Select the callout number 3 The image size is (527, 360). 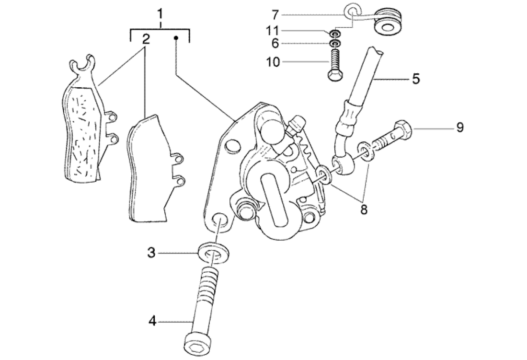(151, 253)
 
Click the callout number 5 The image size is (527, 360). (415, 78)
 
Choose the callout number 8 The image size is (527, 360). (364, 209)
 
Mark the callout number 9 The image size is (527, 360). (459, 128)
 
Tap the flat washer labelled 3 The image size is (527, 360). (213, 253)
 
